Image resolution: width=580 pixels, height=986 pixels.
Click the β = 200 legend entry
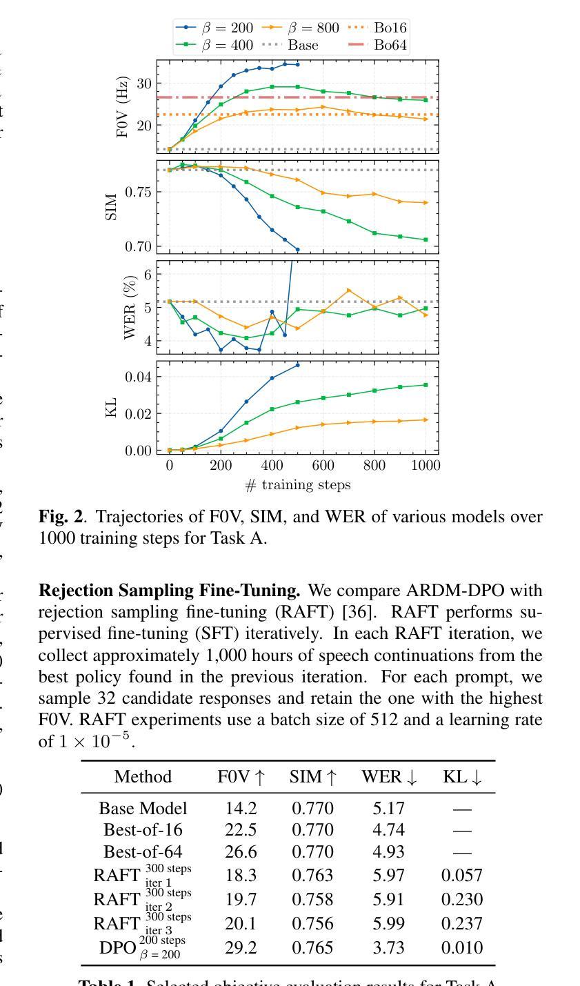coord(215,28)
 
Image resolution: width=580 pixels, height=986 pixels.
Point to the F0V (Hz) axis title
coord(123,106)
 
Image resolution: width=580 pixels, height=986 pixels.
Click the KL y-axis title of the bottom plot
coord(110,407)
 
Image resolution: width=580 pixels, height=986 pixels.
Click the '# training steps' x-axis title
coord(298,485)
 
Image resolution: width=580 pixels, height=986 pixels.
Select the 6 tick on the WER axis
coord(147,275)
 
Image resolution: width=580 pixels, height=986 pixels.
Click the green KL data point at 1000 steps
coord(426,385)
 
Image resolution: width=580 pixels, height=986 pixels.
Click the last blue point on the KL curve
coord(298,365)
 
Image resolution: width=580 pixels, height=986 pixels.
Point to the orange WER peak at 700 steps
coord(349,290)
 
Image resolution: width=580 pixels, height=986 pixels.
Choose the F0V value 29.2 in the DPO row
coord(241,948)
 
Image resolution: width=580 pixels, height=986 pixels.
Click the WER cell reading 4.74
coord(388,829)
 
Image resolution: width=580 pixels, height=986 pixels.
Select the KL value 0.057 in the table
coord(461,876)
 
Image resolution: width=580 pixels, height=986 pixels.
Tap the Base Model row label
coord(143,808)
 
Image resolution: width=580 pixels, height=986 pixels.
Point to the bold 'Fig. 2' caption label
coord(61,517)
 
